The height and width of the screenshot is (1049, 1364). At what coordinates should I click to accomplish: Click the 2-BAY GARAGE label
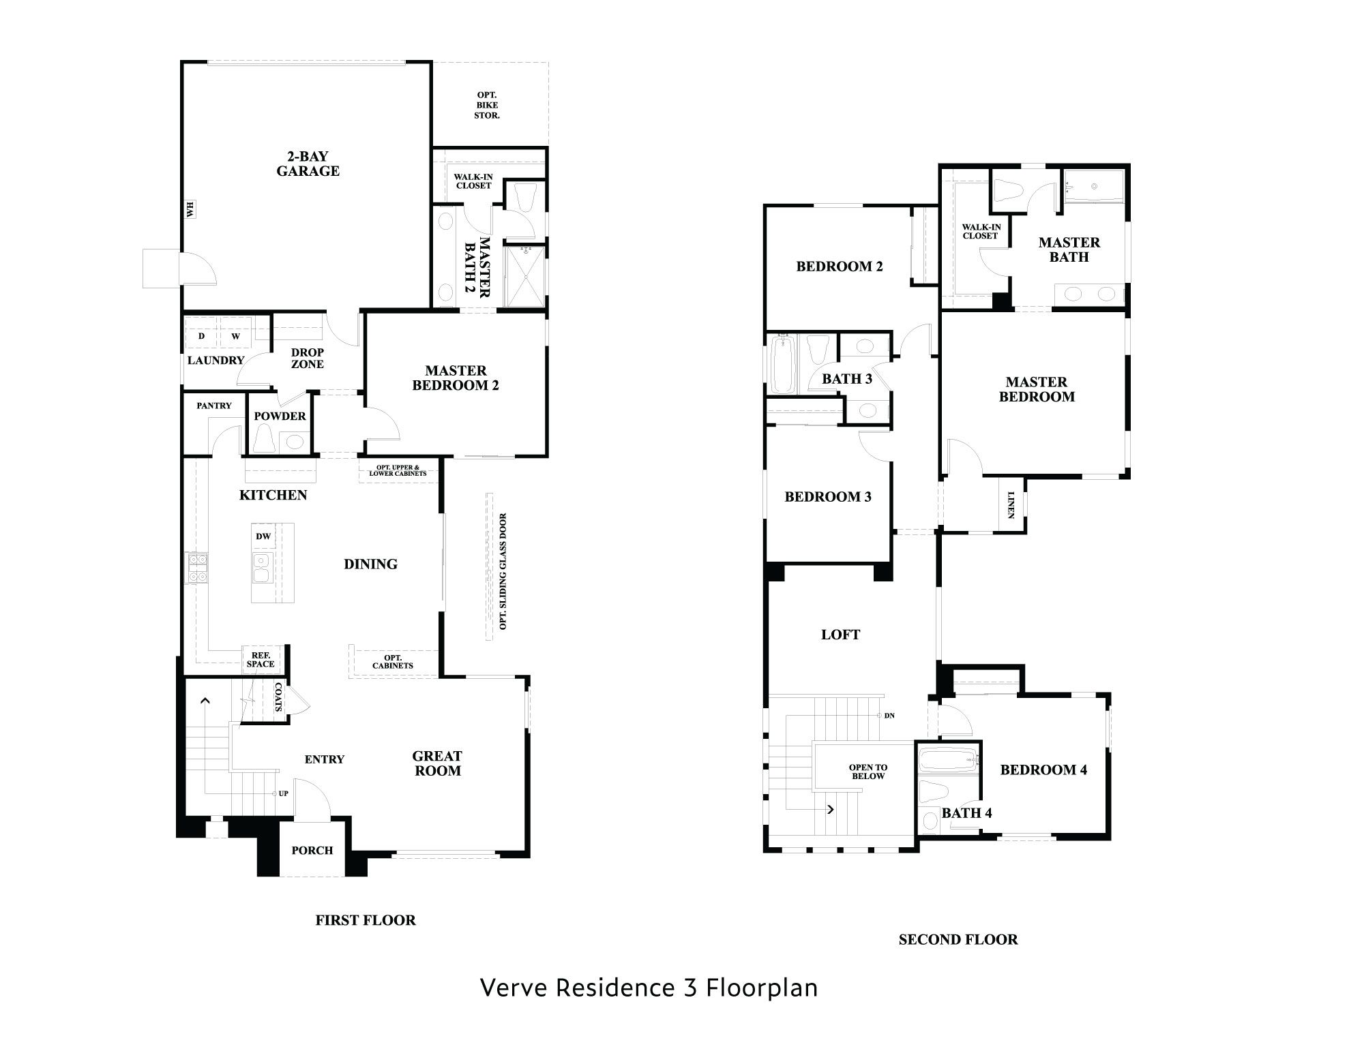point(308,164)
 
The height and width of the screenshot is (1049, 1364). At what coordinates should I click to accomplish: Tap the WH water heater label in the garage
point(190,209)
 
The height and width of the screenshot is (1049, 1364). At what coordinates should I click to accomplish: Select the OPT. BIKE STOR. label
point(487,105)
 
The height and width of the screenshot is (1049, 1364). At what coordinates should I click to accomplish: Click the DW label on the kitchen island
point(263,536)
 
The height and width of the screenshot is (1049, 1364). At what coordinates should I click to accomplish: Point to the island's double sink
point(261,568)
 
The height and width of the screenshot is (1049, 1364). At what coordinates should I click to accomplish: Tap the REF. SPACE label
point(261,659)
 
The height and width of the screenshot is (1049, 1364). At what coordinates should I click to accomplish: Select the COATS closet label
point(278,697)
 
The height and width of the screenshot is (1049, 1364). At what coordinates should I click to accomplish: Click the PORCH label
point(312,850)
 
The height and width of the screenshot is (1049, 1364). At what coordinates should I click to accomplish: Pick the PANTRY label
point(214,406)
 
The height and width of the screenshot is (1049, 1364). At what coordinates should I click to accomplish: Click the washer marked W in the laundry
point(235,336)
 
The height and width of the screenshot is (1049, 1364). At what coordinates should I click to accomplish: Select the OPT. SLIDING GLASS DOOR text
point(503,571)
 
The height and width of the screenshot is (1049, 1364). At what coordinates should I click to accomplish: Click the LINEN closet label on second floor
point(1011,504)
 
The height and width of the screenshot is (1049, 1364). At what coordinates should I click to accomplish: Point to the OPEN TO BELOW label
point(868,772)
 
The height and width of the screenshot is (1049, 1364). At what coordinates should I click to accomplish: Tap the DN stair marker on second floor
point(889,716)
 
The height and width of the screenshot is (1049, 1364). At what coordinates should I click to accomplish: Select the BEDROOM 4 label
point(1043,770)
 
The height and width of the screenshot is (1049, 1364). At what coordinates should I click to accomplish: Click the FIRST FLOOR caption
point(365,920)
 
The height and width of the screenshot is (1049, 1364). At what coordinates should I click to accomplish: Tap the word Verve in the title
point(515,987)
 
